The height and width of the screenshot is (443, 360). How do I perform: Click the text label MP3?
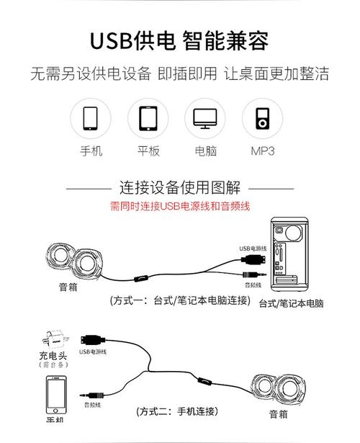[263, 151]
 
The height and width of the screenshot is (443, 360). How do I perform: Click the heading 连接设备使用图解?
[179, 188]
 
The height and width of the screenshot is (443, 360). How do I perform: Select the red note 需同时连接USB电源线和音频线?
[179, 207]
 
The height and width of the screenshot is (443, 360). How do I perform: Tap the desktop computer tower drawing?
[291, 256]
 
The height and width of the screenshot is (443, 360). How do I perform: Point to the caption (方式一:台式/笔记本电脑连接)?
[180, 301]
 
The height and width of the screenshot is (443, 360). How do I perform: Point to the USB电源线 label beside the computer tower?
[253, 249]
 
